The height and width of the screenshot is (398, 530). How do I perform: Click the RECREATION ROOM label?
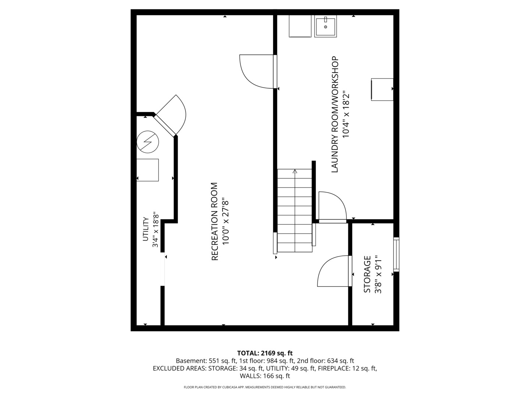pos(215,221)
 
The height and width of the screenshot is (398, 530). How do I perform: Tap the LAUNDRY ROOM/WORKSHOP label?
pos(335,114)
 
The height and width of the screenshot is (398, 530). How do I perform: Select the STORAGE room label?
pos(367,274)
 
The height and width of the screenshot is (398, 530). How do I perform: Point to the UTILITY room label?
pos(145,229)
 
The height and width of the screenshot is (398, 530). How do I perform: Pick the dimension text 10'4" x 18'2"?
pos(346,114)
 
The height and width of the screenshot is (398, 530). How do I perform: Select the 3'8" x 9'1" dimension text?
pos(378,275)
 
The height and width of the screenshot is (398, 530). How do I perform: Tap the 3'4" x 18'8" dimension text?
pos(155,231)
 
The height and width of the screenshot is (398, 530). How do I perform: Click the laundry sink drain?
pos(325,27)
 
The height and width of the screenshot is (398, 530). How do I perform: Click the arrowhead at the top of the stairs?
pos(294,171)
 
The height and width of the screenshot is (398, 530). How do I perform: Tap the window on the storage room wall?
pos(396,254)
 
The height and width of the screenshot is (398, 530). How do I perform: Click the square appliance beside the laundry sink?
pos(300,26)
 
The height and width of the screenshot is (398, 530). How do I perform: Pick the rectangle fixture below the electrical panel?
pos(148,170)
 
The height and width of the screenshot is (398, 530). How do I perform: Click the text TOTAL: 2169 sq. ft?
pos(265,353)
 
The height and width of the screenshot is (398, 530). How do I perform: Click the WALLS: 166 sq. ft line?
pos(265,376)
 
